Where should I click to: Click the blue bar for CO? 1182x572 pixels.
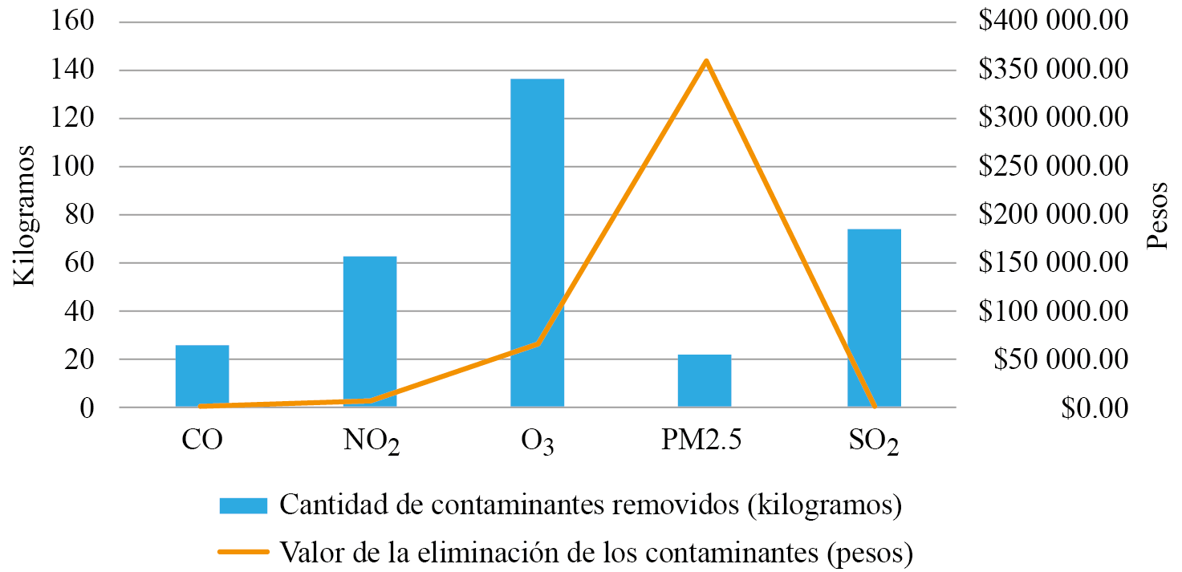coord(202,376)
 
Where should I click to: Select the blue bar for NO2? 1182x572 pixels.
coord(370,332)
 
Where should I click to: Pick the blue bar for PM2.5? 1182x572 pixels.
coord(705,381)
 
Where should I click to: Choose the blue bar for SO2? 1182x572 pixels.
coord(874,318)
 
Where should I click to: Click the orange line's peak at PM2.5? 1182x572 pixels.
coord(705,61)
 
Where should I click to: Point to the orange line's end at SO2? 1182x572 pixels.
coord(874,407)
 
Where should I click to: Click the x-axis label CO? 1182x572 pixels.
coord(201,440)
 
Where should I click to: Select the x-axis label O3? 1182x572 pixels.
coord(537,442)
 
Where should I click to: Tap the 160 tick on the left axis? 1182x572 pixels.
coord(74,21)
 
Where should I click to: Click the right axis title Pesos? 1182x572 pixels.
coord(1158,215)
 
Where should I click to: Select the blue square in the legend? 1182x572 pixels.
coord(243,505)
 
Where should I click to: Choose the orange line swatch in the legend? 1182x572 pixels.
coord(243,552)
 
